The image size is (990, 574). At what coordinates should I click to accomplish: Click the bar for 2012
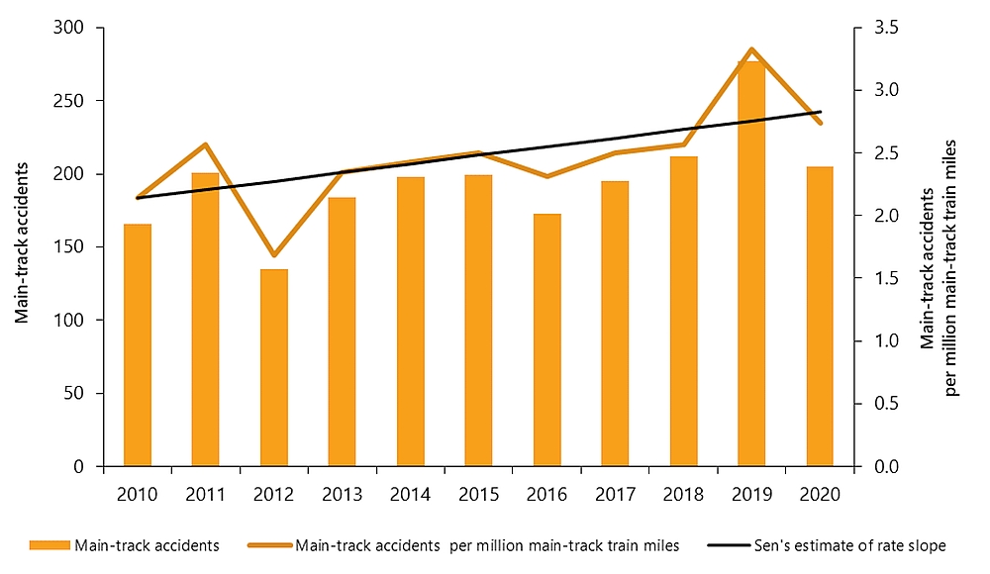point(274,367)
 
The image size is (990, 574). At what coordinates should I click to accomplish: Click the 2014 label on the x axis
point(410,493)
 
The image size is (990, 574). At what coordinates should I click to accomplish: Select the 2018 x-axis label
point(683,493)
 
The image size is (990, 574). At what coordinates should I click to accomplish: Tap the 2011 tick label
point(205,493)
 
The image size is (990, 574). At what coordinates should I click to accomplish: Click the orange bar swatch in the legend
point(50,545)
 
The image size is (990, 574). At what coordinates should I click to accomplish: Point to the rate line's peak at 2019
point(752,48)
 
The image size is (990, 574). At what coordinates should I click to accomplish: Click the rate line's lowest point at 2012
point(274,255)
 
